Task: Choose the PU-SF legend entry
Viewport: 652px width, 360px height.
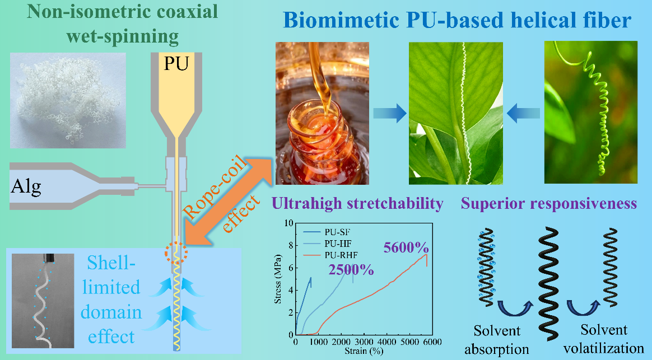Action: (x=334, y=231)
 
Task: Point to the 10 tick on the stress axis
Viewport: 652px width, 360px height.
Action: (x=289, y=223)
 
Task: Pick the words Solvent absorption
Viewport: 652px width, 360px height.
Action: (x=497, y=339)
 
